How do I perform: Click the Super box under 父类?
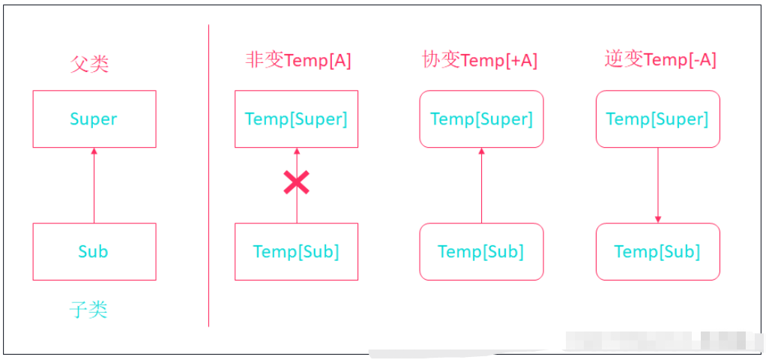point(94,119)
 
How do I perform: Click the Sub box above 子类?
point(94,252)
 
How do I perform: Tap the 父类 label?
point(90,64)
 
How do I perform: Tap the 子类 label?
point(89,309)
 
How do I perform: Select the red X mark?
point(296,182)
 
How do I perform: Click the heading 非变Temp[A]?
point(298,60)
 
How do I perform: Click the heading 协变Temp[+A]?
point(480,60)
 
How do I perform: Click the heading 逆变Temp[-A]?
point(660,59)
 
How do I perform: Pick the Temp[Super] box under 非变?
point(296,119)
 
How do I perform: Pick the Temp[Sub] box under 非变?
point(296,252)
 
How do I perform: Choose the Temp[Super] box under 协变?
point(481,119)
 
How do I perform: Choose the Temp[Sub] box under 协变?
point(481,252)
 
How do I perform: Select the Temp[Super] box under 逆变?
point(657,119)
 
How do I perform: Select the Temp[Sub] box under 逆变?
point(657,252)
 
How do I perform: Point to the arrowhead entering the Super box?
point(94,151)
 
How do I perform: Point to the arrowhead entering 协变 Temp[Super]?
point(481,151)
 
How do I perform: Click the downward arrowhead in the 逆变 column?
point(657,219)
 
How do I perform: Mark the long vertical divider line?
point(208,176)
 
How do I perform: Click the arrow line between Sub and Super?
point(94,187)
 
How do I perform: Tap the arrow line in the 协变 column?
point(481,187)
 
